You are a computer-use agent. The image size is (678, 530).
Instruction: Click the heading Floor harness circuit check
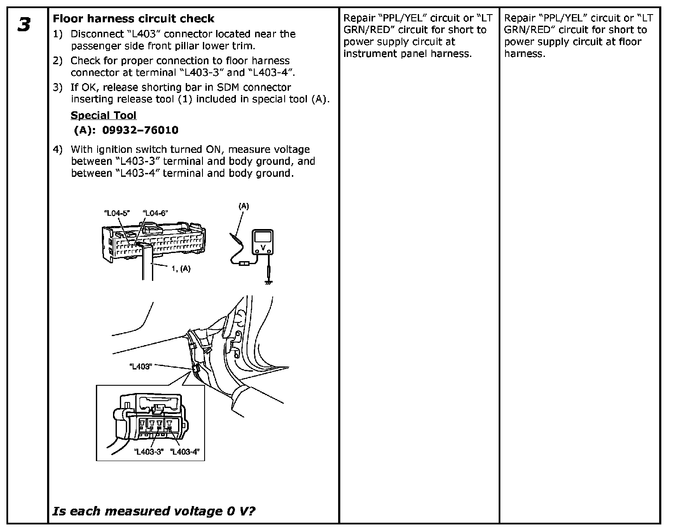click(133, 19)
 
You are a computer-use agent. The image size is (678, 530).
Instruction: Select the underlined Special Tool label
click(103, 116)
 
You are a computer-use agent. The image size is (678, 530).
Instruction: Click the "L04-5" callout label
click(117, 213)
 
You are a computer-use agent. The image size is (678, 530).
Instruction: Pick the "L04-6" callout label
click(155, 213)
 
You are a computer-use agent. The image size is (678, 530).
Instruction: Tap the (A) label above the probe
click(244, 206)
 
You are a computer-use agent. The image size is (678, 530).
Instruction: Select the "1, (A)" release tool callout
click(181, 269)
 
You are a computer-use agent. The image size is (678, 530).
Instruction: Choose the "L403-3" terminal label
click(149, 452)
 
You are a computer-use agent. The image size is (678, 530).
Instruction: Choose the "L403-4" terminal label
click(185, 452)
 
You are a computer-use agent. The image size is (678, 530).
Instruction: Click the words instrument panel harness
click(407, 54)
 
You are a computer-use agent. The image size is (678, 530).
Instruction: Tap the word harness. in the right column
click(525, 54)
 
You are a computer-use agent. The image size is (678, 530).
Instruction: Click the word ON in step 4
click(208, 150)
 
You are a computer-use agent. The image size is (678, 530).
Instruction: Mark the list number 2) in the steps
click(57, 61)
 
